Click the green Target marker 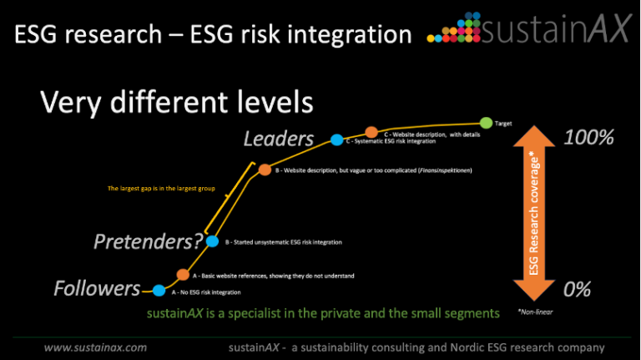point(486,123)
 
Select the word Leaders point(278,139)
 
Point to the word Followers point(97,289)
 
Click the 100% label point(588,138)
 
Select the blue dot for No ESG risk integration point(159,291)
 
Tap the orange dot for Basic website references point(183,274)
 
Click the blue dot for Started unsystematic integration point(212,241)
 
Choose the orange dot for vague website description point(265,170)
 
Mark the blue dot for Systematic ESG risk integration point(337,140)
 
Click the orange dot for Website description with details point(371,132)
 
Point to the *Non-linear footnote point(536,312)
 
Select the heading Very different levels point(176,103)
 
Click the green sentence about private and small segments point(323,313)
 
